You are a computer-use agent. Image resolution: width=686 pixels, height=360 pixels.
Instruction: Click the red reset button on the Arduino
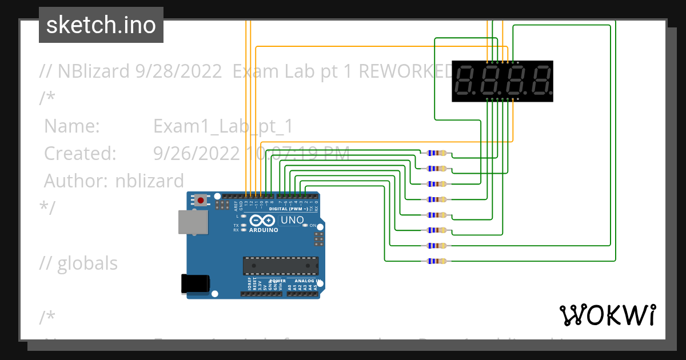coord(201,200)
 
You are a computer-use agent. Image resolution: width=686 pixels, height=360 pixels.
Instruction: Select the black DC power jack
coord(195,285)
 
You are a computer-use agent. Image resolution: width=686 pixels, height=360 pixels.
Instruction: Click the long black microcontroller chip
coord(280,266)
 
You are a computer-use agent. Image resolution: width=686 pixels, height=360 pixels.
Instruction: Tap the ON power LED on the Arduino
coord(305,226)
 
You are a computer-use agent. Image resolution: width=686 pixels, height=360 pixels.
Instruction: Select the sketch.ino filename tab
coord(101,25)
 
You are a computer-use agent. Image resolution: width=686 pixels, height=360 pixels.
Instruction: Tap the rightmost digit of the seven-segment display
coord(541,81)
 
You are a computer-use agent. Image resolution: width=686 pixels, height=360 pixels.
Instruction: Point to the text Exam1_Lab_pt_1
coord(223,126)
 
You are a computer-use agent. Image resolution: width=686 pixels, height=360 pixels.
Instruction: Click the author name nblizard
coord(150,181)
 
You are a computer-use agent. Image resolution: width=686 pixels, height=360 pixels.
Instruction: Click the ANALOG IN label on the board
coord(306,281)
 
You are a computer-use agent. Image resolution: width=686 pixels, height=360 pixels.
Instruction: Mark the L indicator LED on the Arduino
coord(244,216)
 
